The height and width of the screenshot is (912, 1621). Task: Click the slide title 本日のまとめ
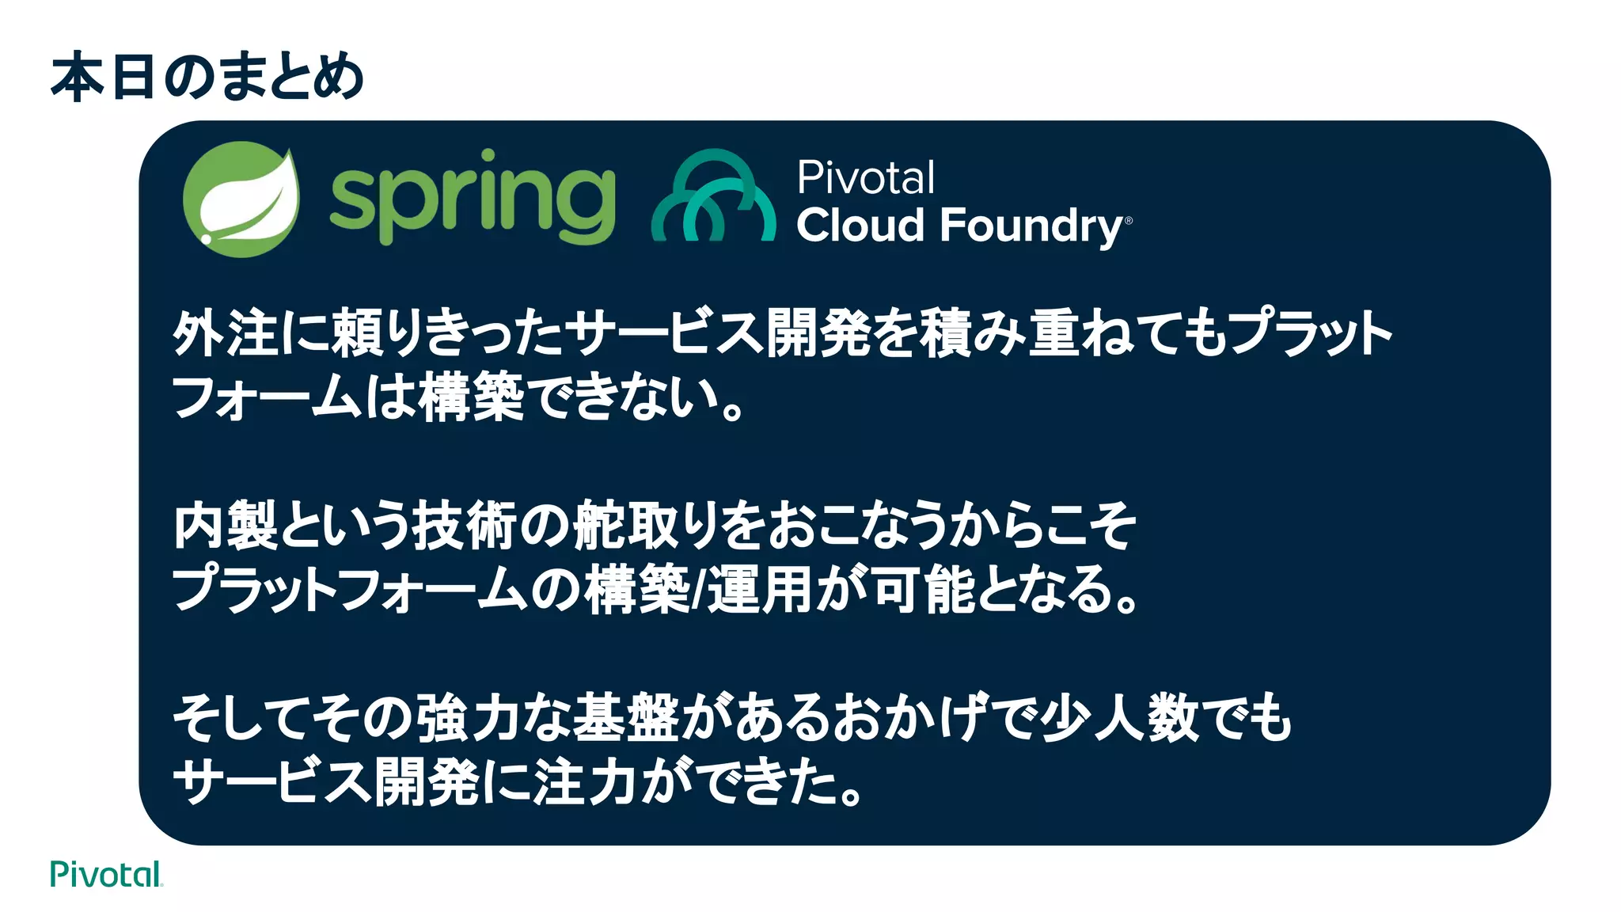(x=207, y=78)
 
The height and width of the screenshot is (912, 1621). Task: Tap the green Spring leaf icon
(x=241, y=199)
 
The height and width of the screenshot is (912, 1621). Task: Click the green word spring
(x=472, y=198)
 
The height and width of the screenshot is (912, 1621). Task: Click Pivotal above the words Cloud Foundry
(x=865, y=177)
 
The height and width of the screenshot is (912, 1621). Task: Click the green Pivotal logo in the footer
(x=106, y=875)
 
